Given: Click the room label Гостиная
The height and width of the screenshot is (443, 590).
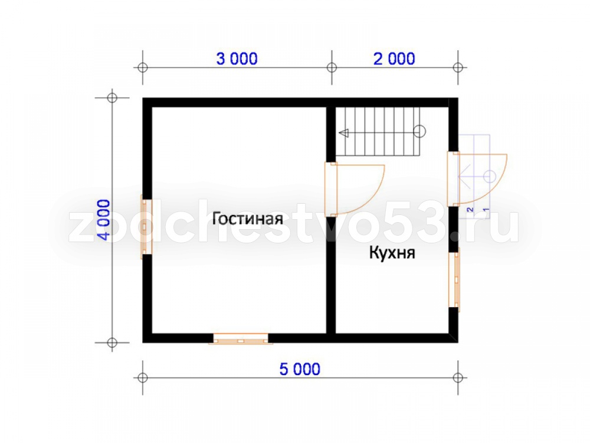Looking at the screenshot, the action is [x=248, y=219].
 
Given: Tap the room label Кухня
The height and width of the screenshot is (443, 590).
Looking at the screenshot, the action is [x=392, y=253].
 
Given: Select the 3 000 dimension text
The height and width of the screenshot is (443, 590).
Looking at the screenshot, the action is [x=237, y=58].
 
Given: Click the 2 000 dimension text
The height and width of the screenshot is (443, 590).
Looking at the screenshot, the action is [x=394, y=58].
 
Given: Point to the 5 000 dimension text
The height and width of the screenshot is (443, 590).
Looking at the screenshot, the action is [x=300, y=369].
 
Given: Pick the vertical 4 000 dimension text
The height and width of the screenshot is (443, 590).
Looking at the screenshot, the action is [x=104, y=220].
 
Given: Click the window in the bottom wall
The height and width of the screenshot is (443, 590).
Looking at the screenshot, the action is [x=241, y=339].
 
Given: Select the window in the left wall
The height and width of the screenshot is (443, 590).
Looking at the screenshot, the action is [x=146, y=227].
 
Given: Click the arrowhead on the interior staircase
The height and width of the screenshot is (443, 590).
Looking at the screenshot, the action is [x=343, y=132].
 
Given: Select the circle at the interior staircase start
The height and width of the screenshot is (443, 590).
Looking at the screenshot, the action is [x=419, y=132].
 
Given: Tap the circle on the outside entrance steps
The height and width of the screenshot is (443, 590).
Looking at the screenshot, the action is [x=490, y=176].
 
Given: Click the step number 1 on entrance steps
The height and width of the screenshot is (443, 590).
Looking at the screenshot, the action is [x=486, y=210].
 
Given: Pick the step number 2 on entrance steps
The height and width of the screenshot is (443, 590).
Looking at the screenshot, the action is [x=470, y=210].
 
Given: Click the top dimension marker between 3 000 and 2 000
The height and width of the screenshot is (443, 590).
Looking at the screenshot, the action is [x=332, y=68].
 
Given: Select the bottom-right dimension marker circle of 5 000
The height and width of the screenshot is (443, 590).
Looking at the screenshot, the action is [x=458, y=377].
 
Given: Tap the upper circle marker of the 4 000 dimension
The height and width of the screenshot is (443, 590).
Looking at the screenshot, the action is [x=112, y=98].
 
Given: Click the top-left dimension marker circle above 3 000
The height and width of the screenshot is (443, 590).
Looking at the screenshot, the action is [x=143, y=68].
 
